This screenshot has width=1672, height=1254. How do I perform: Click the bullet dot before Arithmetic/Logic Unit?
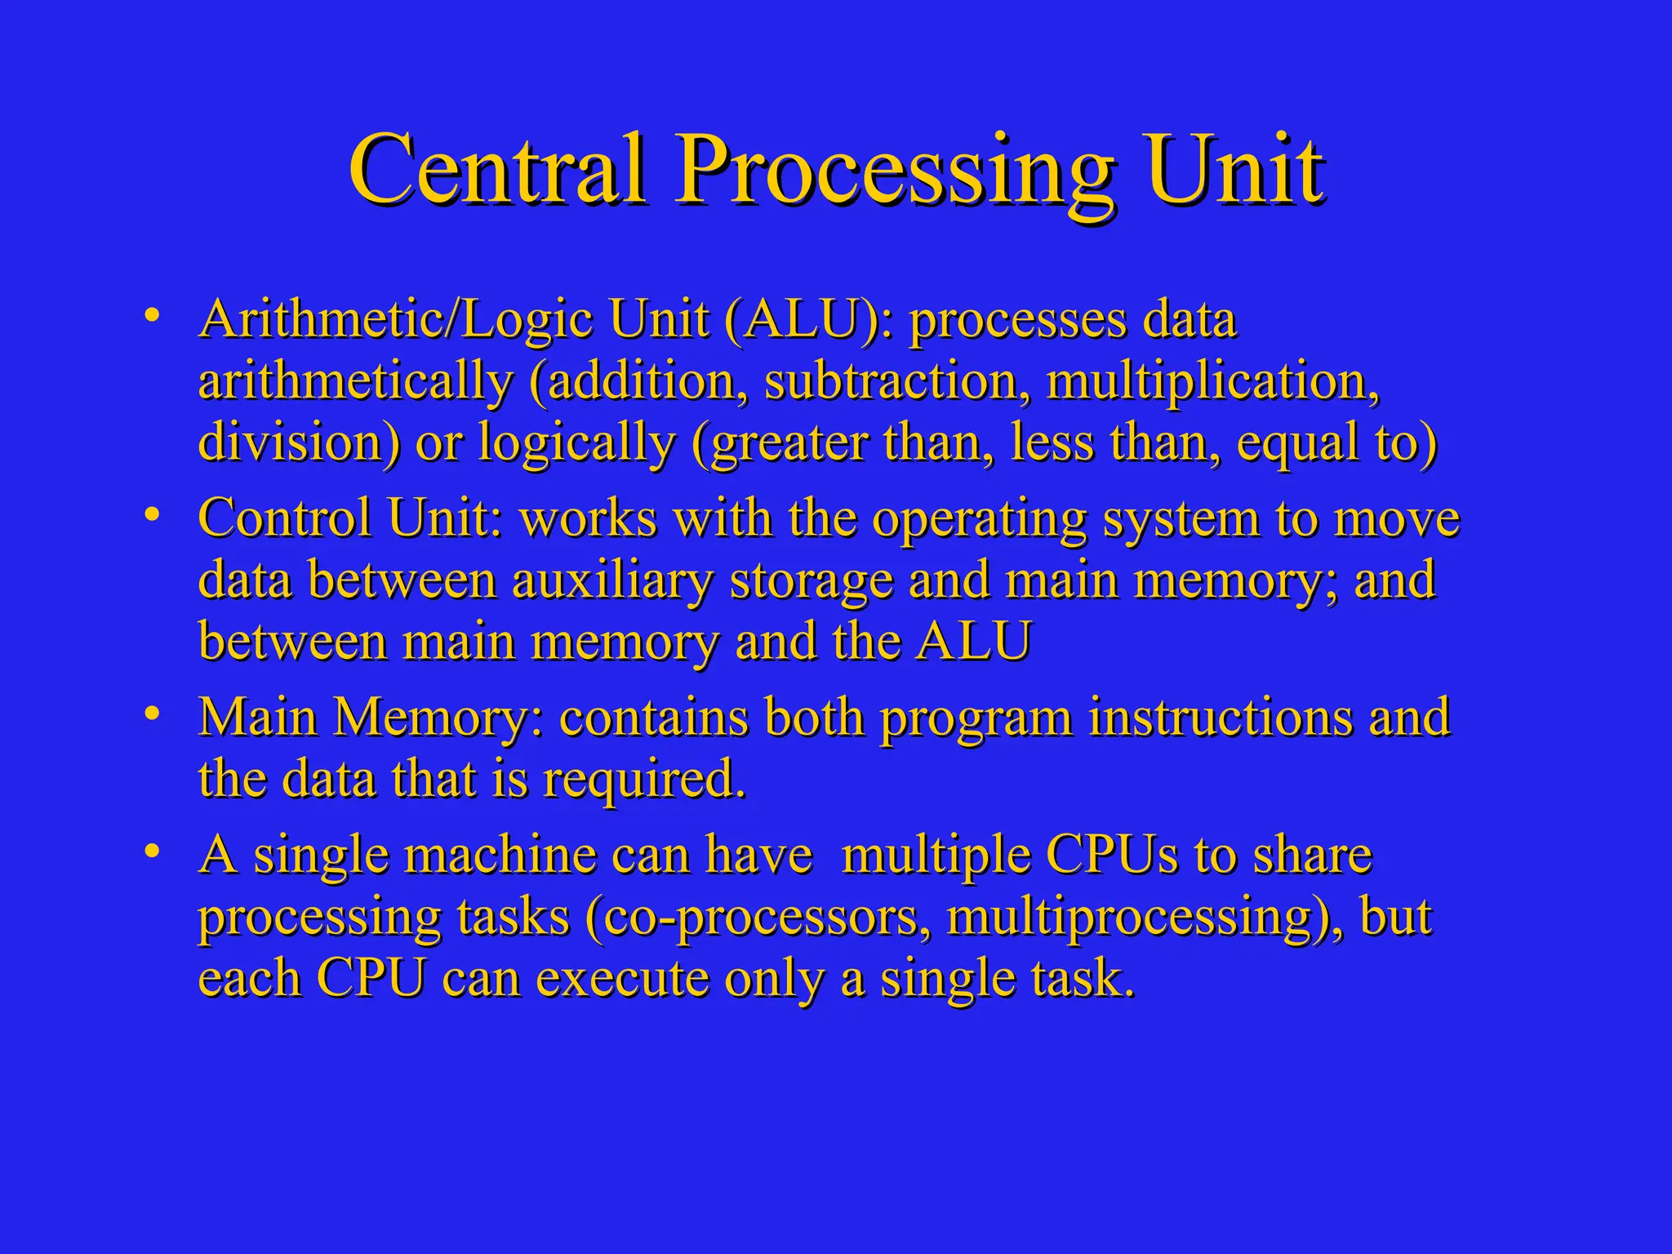coord(149,316)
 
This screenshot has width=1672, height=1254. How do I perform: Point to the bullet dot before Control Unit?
coord(149,515)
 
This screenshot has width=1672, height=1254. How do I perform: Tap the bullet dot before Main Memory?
coord(149,714)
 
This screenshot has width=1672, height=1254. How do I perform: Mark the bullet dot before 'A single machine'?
coord(149,852)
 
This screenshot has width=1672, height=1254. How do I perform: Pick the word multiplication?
coord(1212,383)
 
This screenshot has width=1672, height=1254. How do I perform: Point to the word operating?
coord(980,520)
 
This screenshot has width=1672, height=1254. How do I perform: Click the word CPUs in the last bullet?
coord(1112,855)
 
